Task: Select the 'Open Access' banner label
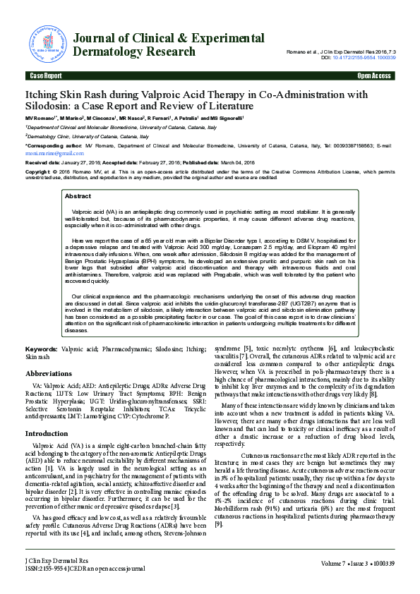374,75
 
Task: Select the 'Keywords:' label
41,349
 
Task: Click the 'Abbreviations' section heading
48,374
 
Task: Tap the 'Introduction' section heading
47,433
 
